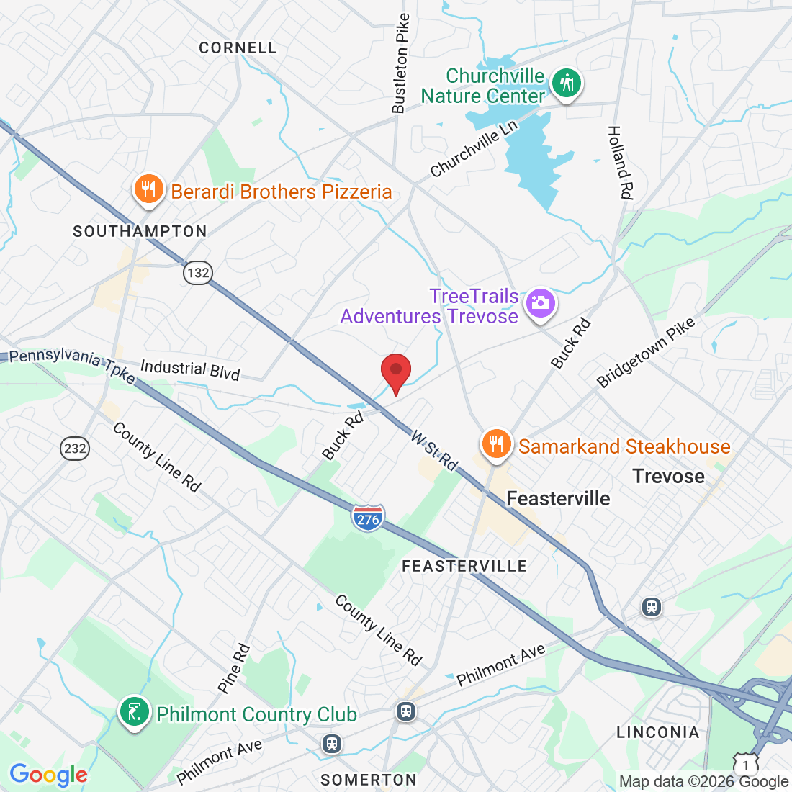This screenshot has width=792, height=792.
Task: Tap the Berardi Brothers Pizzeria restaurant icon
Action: click(x=148, y=190)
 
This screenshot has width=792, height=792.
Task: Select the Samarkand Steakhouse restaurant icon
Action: click(x=496, y=444)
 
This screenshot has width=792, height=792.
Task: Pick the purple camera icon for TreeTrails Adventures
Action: click(x=539, y=303)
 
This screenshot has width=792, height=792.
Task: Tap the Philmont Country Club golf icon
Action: click(x=134, y=713)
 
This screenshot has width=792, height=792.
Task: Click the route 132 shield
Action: click(x=198, y=273)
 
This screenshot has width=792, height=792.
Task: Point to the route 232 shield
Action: click(x=75, y=449)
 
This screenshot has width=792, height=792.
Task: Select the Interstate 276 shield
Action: click(x=368, y=518)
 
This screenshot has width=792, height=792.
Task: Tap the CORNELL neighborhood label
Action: click(x=238, y=48)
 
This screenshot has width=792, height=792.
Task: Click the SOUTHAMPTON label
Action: click(x=140, y=231)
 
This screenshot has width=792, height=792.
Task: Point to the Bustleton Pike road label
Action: click(x=400, y=63)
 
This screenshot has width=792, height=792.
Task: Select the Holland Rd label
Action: click(x=620, y=162)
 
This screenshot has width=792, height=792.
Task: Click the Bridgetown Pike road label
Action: click(x=647, y=352)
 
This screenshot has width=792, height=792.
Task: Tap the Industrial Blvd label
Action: click(x=190, y=369)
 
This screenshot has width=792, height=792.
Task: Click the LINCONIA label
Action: click(x=657, y=732)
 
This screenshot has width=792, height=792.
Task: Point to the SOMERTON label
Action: click(x=369, y=780)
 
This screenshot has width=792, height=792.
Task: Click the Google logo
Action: click(x=48, y=775)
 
